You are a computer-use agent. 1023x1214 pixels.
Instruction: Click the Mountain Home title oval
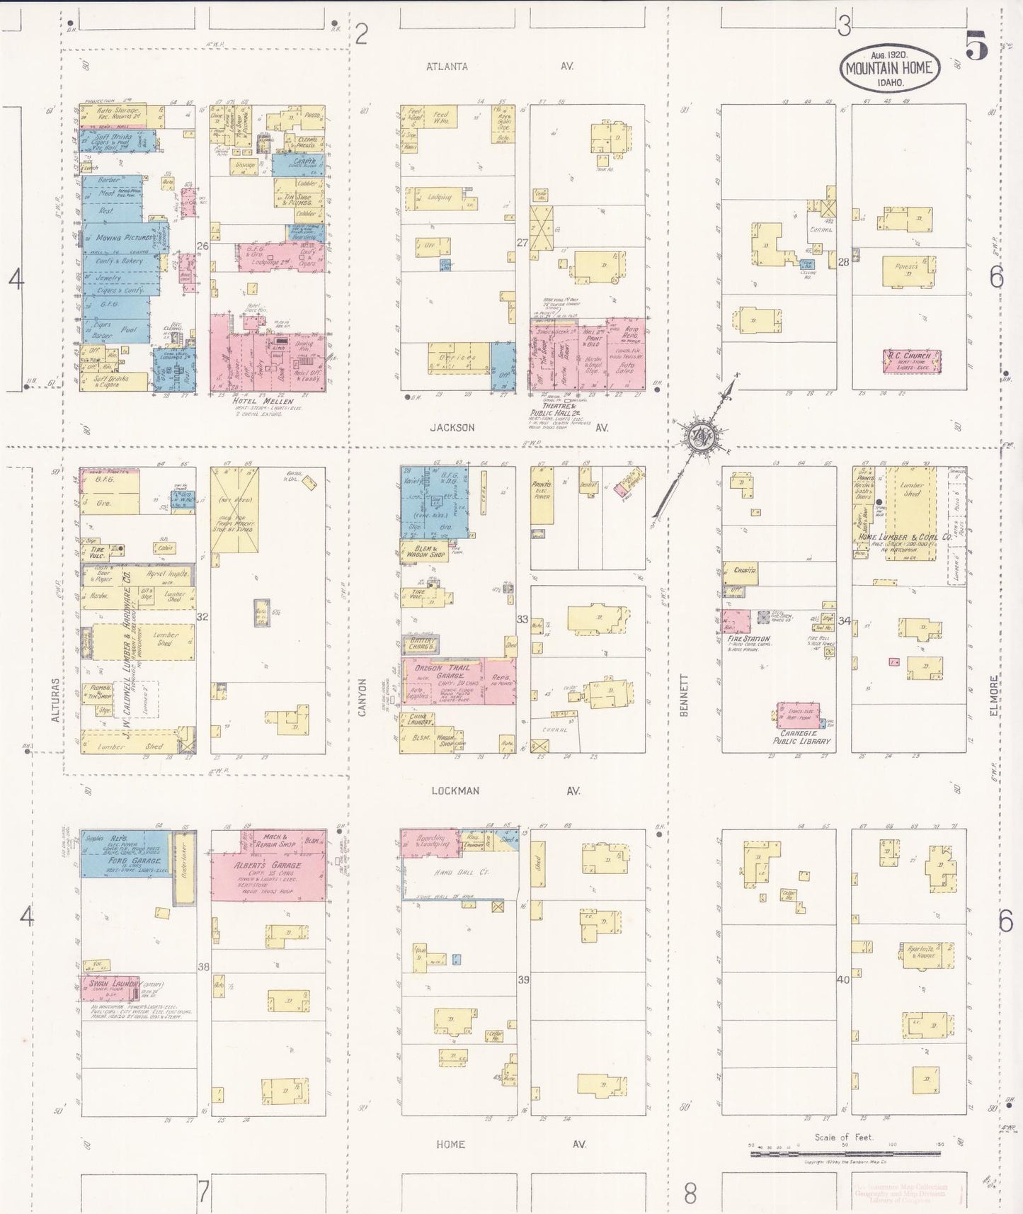(x=890, y=68)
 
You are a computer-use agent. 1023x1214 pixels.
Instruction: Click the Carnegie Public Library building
(x=798, y=715)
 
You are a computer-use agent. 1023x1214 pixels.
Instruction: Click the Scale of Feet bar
(x=845, y=1154)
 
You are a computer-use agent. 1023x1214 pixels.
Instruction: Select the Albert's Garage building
(x=268, y=865)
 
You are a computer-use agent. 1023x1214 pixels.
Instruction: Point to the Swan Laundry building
(x=110, y=985)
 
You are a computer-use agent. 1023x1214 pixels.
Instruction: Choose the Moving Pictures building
(x=125, y=239)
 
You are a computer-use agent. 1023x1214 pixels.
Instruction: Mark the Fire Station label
(x=748, y=639)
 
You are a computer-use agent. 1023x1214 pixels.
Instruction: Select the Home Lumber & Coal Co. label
(x=905, y=538)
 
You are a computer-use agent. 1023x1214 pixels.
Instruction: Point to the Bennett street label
(x=684, y=695)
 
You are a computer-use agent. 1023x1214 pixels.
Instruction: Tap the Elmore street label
(x=994, y=695)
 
